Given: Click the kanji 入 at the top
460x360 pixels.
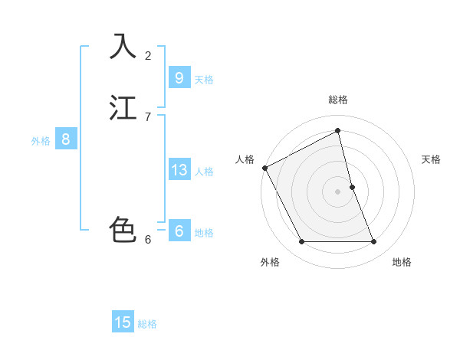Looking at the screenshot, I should coord(123,46).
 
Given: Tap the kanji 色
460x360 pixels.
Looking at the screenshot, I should coord(123,230).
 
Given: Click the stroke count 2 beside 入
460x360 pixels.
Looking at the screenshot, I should coord(148,55).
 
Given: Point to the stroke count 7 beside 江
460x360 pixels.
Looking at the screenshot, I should coord(148,116).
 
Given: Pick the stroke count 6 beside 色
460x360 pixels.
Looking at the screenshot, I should coord(148,239).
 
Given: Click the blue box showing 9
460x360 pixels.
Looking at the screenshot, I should coord(179,78).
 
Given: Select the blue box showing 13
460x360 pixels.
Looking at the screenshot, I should coord(179,170).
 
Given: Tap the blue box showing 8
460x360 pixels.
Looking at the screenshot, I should coord(66,139).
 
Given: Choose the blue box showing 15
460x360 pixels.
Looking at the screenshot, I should coord(123,322).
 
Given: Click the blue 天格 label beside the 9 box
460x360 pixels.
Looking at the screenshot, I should coord(204,79).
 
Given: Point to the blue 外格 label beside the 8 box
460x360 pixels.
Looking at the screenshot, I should coord(41,140).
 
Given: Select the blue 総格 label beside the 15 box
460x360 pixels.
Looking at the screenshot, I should coord(147,324).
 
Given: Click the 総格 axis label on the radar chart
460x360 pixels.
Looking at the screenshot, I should coord(338,100).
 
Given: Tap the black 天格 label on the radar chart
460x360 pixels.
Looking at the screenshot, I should coord(431,159).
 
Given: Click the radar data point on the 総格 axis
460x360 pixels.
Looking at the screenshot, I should coord(338,130).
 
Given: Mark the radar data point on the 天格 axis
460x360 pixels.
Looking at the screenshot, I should coord(352,187).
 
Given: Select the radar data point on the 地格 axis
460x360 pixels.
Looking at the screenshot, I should coord(374,242).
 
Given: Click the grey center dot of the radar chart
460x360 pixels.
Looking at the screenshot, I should coord(338,191).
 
